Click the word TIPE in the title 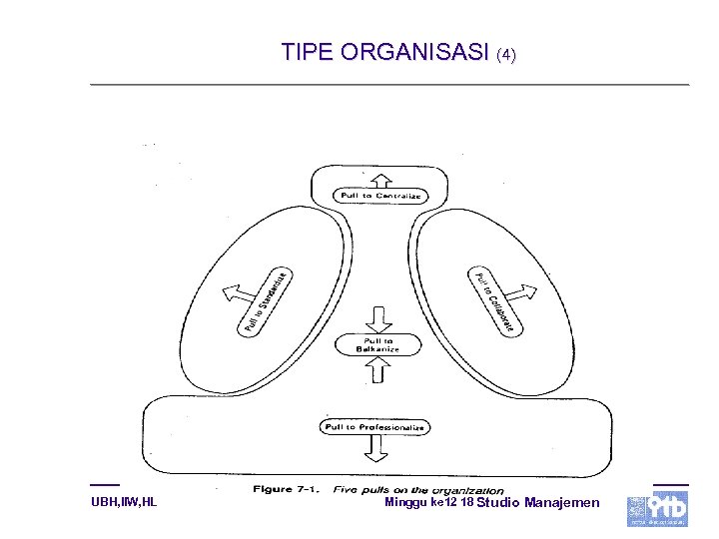307,52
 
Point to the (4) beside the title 506,55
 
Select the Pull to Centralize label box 380,196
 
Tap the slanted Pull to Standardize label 266,301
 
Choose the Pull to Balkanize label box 378,344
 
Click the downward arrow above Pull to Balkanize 378,319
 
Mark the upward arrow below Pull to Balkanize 378,371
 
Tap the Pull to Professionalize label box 374,427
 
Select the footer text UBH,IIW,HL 123,502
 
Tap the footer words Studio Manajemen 539,502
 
